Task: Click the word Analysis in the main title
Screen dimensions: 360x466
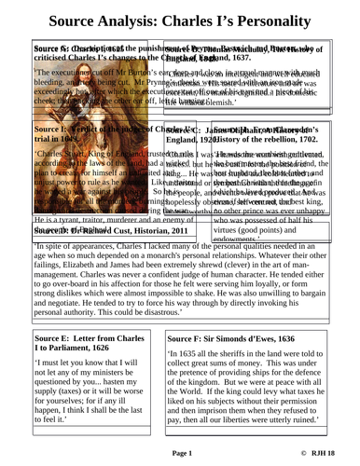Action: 120,20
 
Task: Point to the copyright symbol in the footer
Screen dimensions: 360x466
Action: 301,454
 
